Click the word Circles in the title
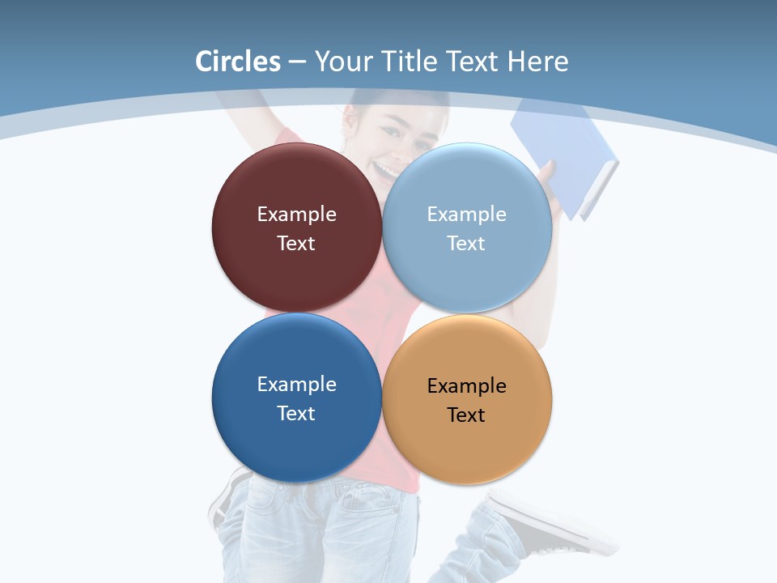pyautogui.click(x=237, y=62)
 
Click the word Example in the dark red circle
pyautogui.click(x=296, y=215)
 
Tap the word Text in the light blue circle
pyautogui.click(x=466, y=244)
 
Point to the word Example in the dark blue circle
pyautogui.click(x=296, y=385)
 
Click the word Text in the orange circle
pyautogui.click(x=466, y=415)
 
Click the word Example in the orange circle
pyautogui.click(x=467, y=386)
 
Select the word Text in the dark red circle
pyautogui.click(x=296, y=244)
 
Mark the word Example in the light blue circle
pyautogui.click(x=467, y=215)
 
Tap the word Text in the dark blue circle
pyautogui.click(x=296, y=414)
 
